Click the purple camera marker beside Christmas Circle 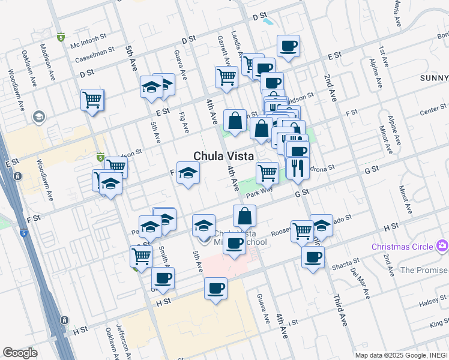pyautogui.click(x=442, y=245)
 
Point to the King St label pyautogui.click(x=439, y=325)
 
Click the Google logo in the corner pyautogui.click(x=20, y=353)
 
